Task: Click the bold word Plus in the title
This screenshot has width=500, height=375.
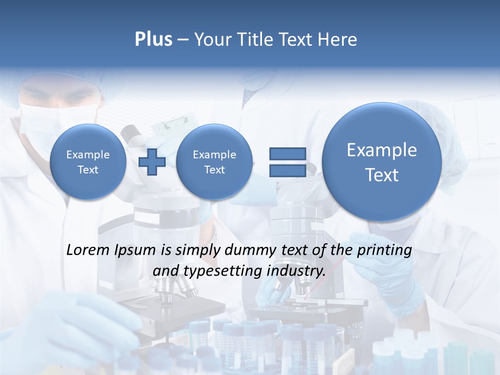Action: pos(153,40)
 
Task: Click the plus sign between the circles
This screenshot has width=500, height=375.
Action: pos(152,162)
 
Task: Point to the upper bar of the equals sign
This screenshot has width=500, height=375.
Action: pos(287,154)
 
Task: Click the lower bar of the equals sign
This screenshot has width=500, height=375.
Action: pos(287,170)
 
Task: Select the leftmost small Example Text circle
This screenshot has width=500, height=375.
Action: pos(88,162)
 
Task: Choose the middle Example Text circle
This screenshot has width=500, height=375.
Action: pos(214,162)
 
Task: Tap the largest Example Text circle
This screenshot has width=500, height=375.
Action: pos(382,162)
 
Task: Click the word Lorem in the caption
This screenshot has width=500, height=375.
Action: pos(88,250)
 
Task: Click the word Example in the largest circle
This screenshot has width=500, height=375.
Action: pos(382,150)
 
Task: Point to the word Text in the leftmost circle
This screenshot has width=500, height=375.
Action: pos(88,170)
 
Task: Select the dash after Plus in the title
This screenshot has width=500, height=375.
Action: pos(183,40)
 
